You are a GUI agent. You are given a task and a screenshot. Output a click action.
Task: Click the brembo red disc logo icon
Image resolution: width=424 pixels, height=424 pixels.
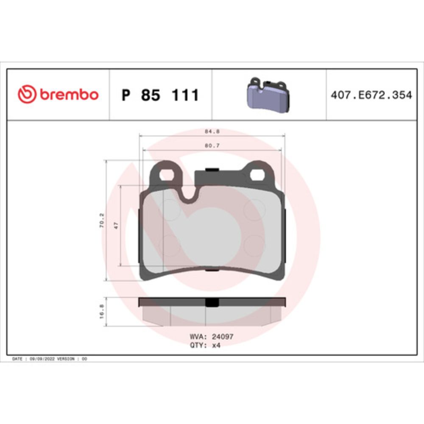click(x=27, y=94)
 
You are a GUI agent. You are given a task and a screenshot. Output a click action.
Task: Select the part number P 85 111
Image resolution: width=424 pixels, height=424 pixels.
click(x=160, y=95)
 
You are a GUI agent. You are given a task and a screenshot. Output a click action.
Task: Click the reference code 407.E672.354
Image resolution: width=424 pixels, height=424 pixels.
click(x=371, y=95)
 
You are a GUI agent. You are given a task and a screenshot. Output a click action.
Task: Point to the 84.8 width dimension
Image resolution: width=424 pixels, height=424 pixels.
click(x=212, y=132)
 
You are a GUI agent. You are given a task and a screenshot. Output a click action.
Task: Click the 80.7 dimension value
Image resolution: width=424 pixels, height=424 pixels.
click(x=212, y=146)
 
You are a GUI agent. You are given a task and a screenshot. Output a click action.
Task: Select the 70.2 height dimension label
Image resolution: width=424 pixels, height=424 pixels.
click(x=102, y=220)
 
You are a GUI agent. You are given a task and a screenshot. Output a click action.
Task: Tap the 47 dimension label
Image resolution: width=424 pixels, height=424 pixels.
click(x=116, y=226)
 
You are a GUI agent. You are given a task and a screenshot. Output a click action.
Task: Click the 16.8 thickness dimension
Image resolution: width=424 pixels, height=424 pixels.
click(x=102, y=312)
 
